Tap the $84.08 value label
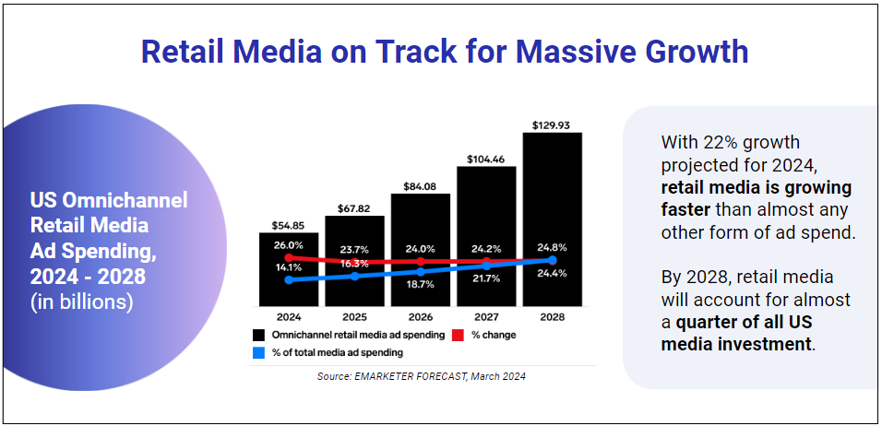tap(421, 186)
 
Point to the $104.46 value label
tap(486, 160)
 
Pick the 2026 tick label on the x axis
tap(421, 316)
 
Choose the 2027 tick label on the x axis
tap(486, 316)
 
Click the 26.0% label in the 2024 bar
tap(289, 246)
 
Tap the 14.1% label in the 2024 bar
tap(289, 266)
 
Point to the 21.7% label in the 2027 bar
tap(486, 278)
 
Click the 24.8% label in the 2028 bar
tap(552, 247)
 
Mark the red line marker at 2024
tap(289, 257)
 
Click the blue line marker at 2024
tap(289, 279)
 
